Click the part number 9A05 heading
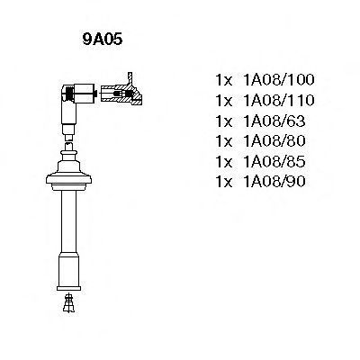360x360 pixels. pos(103,40)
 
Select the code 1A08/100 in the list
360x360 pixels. pos(279,80)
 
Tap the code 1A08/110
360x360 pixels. pos(279,100)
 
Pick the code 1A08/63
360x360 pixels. pos(274,121)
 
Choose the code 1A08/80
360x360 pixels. pos(274,141)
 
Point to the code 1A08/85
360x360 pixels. pos(274,161)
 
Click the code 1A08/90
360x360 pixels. pos(274,182)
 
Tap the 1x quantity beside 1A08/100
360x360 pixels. pos(224,80)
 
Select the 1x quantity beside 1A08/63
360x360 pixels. pos(224,121)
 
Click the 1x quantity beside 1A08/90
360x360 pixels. pos(224,182)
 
